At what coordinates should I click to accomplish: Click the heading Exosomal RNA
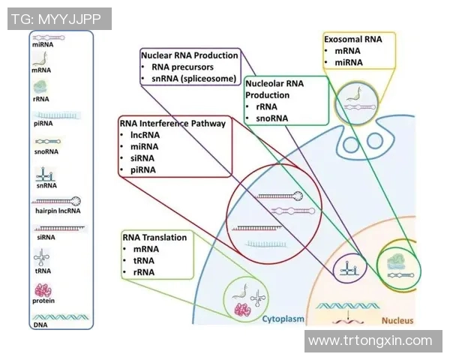click(352, 39)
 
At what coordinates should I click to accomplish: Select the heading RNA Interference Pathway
click(172, 124)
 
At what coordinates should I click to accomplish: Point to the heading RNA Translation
click(154, 237)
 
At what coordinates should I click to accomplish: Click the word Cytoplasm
click(283, 319)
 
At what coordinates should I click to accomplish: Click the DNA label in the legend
click(40, 325)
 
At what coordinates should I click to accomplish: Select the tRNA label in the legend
click(43, 272)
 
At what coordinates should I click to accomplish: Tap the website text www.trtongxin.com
click(370, 340)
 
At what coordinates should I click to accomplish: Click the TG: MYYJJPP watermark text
click(59, 19)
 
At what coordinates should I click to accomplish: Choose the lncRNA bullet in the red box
click(145, 135)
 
